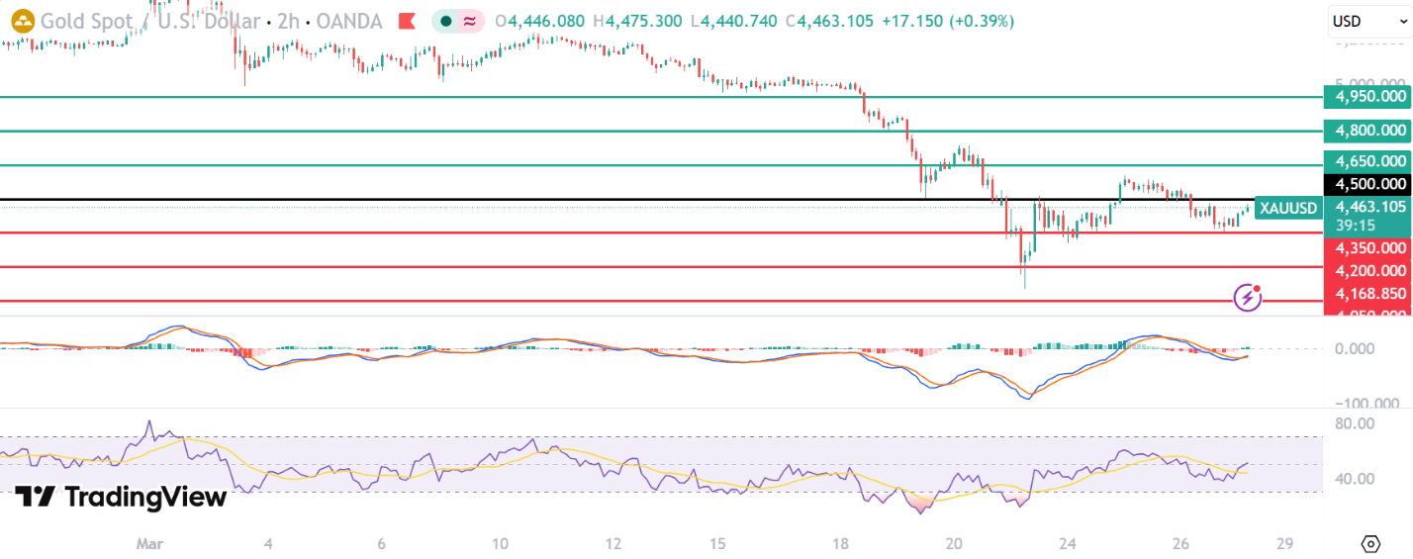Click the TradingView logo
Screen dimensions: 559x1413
coord(121,496)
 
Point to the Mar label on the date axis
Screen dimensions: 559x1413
coord(149,544)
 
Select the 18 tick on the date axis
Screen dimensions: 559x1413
coord(840,544)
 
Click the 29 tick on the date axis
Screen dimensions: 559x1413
coord(1284,544)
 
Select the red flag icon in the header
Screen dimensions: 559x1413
coord(407,21)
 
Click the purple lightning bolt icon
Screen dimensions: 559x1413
coord(1247,296)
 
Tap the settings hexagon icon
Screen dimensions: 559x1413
coord(1370,544)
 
